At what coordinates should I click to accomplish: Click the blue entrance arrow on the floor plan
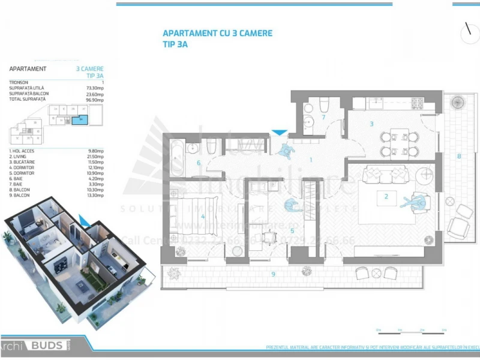tap(279, 133)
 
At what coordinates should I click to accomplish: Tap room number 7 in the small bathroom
tap(323, 117)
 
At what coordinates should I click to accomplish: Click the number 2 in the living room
tap(386, 196)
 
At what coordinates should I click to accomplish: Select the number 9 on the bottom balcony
tap(273, 274)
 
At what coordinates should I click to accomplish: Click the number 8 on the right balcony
tap(459, 157)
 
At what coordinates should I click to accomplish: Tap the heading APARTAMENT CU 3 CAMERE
tap(217, 34)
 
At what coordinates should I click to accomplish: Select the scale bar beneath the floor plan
tap(412, 329)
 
